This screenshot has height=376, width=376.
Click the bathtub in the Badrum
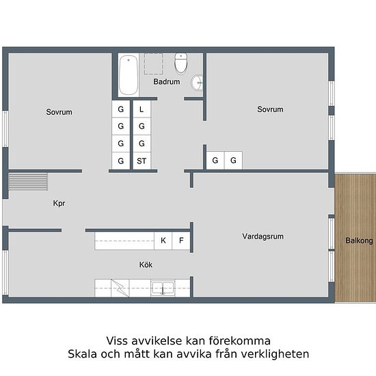[x=128, y=76]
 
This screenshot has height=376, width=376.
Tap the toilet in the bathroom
[x=181, y=64]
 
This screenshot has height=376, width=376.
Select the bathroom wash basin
[x=198, y=83]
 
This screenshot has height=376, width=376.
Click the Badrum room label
[x=166, y=82]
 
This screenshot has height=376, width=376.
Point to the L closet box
[x=142, y=109]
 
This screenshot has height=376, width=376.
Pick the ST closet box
[x=142, y=161]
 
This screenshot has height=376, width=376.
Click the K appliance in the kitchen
[x=163, y=241]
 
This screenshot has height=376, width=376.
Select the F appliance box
[x=181, y=241]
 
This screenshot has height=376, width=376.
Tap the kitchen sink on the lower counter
[x=162, y=288]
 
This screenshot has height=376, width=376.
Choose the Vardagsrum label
[x=263, y=237]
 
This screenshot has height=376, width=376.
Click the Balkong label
[x=359, y=241]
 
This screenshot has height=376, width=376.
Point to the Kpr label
[x=59, y=204]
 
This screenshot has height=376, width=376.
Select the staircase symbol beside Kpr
[x=28, y=182]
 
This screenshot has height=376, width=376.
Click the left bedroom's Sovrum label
[x=59, y=112]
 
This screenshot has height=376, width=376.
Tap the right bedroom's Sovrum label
[x=270, y=109]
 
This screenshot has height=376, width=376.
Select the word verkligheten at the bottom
[x=277, y=354]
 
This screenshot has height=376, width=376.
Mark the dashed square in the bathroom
[x=152, y=64]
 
